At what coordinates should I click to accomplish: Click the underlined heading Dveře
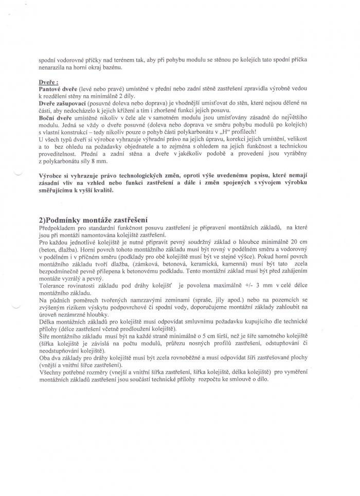48,82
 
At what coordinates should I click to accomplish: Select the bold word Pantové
49,89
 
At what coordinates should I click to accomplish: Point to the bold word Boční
47,118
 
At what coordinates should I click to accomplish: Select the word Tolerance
53,285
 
